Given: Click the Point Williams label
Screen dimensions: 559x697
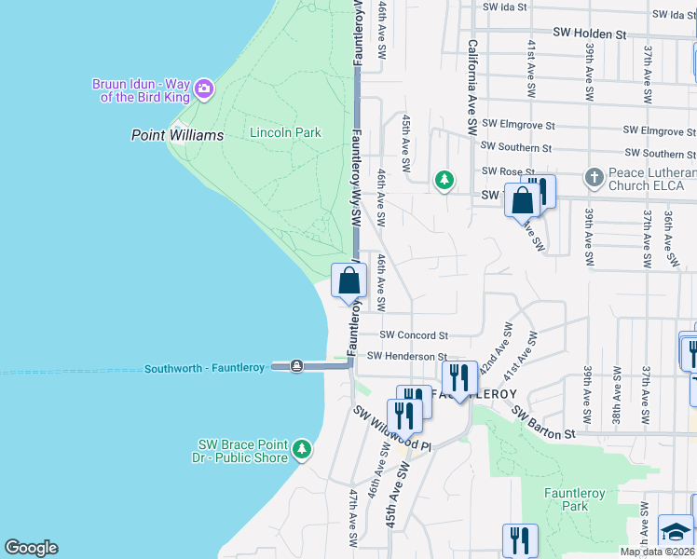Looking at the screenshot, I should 177,135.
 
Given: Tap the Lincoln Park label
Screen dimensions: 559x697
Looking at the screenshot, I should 285,132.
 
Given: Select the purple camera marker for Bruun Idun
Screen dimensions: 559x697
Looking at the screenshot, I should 204,90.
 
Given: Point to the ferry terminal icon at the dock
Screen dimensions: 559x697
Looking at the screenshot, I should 295,366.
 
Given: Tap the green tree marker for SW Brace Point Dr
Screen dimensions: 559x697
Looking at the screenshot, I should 301,450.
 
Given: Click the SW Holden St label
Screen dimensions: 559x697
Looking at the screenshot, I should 589,34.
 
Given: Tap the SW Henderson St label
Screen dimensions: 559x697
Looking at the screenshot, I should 407,356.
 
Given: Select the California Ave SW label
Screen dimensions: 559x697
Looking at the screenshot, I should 472,84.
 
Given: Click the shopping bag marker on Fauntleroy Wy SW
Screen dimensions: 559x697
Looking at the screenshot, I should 348,279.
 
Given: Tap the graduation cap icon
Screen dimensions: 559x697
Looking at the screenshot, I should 676,531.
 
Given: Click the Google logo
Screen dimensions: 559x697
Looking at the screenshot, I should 31,548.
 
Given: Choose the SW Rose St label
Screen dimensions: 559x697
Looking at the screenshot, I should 507,171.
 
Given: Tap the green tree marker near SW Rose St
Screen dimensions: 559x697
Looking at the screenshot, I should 445,179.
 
